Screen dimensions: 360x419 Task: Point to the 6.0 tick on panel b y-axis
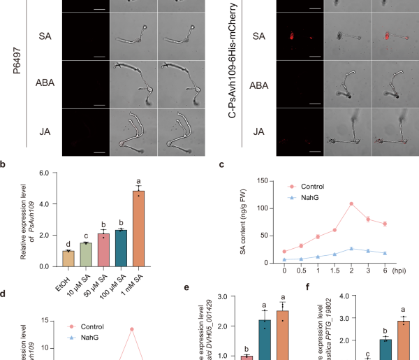pyautogui.click(x=47, y=173)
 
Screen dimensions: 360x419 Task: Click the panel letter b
pyautogui.click(x=6, y=166)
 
